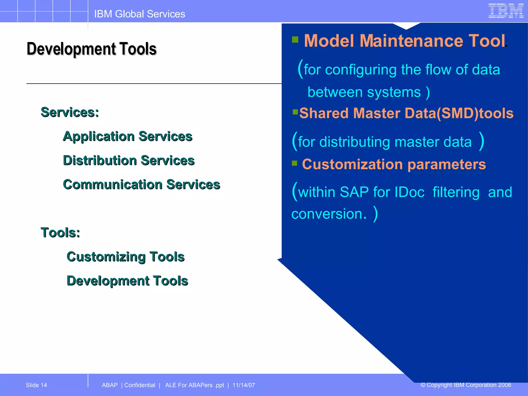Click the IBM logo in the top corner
coord(506,11)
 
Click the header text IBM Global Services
coord(139,14)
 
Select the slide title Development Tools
coord(92,49)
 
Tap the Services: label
coord(70,112)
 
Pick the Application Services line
coord(128,136)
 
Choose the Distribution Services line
coord(129,160)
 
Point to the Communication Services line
coord(142,184)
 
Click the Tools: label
coord(60,232)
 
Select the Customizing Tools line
coord(126,257)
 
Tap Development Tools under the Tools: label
coord(127,280)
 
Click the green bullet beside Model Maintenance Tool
coord(295,39)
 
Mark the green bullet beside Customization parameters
coord(295,163)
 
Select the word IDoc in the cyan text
coord(409,192)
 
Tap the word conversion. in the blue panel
coord(329,214)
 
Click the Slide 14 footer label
coord(36,385)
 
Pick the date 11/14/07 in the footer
coord(244,385)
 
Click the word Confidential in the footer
coord(140,385)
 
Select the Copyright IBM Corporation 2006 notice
coord(466,385)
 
